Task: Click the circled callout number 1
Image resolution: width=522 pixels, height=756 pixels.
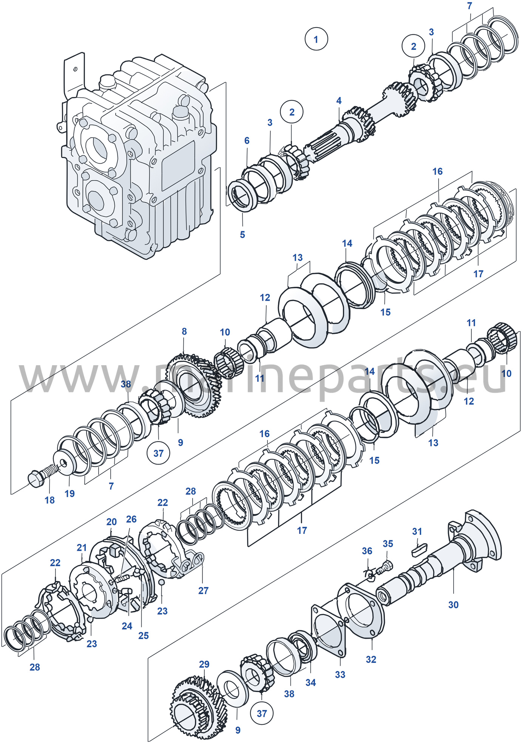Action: pyautogui.click(x=316, y=39)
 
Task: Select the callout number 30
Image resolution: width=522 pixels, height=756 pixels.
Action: pyautogui.click(x=453, y=605)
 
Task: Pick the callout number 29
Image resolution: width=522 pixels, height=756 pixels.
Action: pyautogui.click(x=204, y=664)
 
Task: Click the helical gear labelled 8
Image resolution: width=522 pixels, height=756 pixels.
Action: pyautogui.click(x=194, y=386)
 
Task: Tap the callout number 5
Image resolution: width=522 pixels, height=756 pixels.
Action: pyautogui.click(x=242, y=234)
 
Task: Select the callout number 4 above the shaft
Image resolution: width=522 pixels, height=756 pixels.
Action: pyautogui.click(x=339, y=101)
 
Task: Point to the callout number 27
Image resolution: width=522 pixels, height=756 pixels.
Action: pyautogui.click(x=203, y=590)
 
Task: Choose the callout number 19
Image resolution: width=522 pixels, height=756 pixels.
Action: pyautogui.click(x=69, y=493)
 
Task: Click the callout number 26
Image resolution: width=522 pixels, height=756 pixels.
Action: pyautogui.click(x=131, y=519)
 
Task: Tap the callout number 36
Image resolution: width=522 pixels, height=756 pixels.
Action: pyautogui.click(x=367, y=551)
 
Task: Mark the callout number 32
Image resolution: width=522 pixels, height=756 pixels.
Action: pyautogui.click(x=371, y=659)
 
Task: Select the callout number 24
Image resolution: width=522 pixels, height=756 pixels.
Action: pyautogui.click(x=127, y=626)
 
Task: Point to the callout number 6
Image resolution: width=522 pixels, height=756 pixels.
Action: pyautogui.click(x=247, y=140)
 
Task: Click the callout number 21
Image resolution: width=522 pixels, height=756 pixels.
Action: pyautogui.click(x=82, y=547)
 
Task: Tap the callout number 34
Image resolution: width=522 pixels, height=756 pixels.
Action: pyautogui.click(x=310, y=682)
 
